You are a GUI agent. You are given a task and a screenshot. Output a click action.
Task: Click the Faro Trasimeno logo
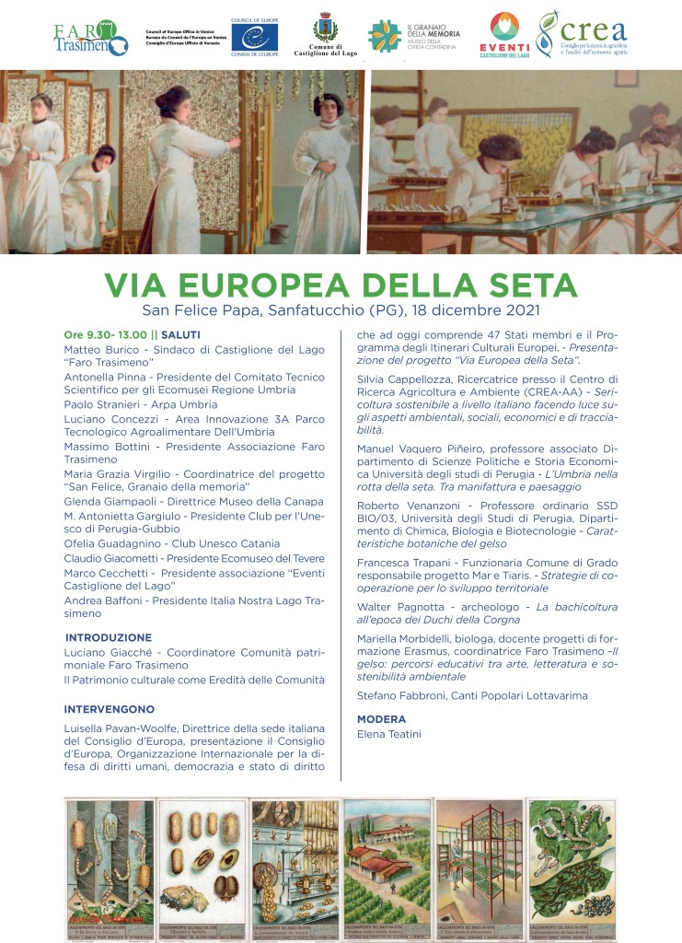click(90, 39)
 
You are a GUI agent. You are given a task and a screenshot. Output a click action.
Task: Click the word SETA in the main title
click(522, 285)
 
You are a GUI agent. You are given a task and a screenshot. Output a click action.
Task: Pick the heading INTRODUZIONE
click(109, 637)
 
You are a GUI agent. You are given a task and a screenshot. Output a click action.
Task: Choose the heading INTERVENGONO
click(110, 710)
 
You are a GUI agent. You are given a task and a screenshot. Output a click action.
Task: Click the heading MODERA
click(381, 719)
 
